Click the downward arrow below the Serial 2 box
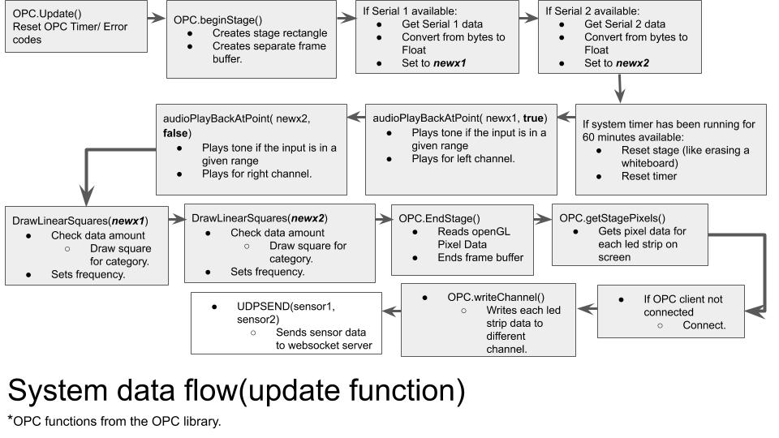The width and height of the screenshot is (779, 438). pyautogui.click(x=621, y=87)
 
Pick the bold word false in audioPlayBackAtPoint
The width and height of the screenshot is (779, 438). pyautogui.click(x=177, y=132)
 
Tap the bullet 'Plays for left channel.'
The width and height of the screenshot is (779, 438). pyautogui.click(x=463, y=159)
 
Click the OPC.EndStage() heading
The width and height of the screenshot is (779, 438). pyautogui.click(x=439, y=218)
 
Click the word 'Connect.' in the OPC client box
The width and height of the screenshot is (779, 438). pyautogui.click(x=704, y=325)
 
